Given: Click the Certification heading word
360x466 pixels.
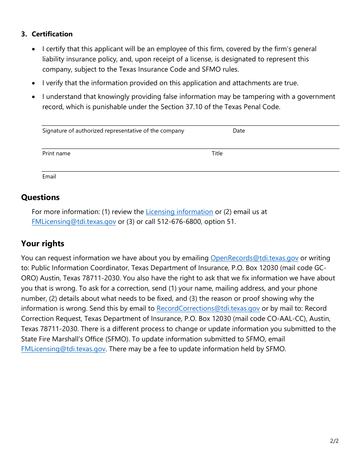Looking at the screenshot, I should coord(52,34).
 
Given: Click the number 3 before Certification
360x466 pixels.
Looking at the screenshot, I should coord(23,34).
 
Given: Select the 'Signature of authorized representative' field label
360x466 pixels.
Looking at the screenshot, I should coord(113,131).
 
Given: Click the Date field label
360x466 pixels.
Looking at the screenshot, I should coord(239,131).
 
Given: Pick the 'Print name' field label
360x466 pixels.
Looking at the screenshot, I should coord(56,153).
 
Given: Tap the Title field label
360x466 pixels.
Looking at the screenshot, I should coord(217,153).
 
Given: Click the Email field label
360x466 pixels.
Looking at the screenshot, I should coord(49,177).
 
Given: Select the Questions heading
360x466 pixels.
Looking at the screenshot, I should coord(40,197).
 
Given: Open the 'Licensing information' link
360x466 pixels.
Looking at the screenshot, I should coord(179,212).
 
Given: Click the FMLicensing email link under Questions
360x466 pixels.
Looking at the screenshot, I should coord(74,222).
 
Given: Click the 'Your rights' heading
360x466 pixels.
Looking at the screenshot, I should coord(42,244).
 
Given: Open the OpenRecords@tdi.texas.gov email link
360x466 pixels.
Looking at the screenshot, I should coord(254,258).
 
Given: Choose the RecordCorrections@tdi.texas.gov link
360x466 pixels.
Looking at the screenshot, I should coord(208,309).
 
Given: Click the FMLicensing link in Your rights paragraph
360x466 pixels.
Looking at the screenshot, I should coord(63,349).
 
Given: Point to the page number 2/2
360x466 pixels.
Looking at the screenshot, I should coord(334,441).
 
